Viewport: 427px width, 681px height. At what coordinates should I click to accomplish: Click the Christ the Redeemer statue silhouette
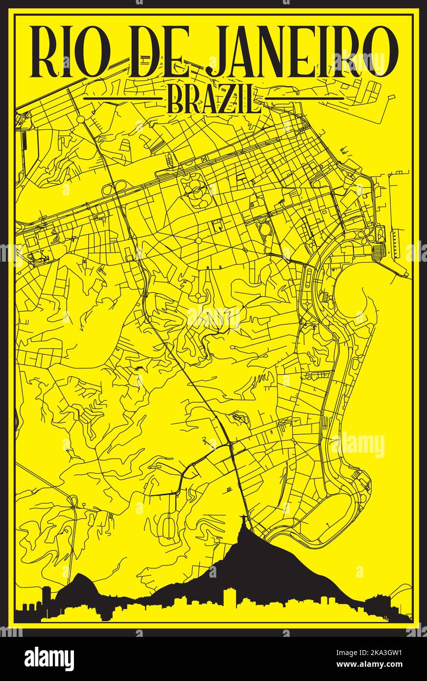click(x=243, y=530)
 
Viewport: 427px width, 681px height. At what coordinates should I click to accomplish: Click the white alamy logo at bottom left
click(x=49, y=658)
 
